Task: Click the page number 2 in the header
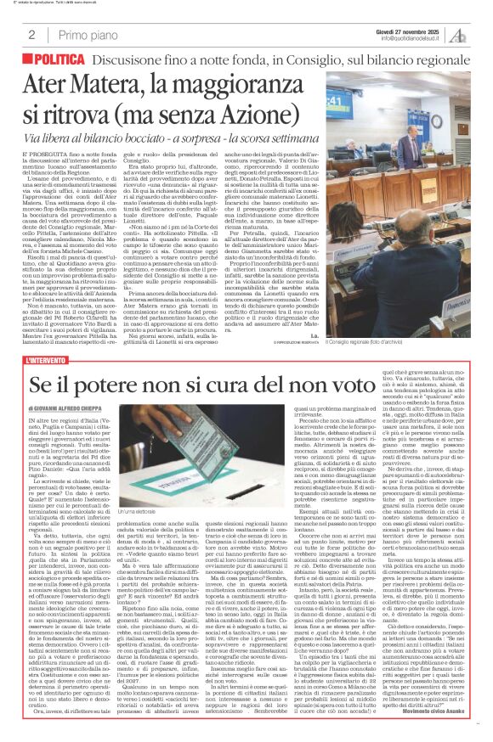pyautogui.click(x=31, y=35)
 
